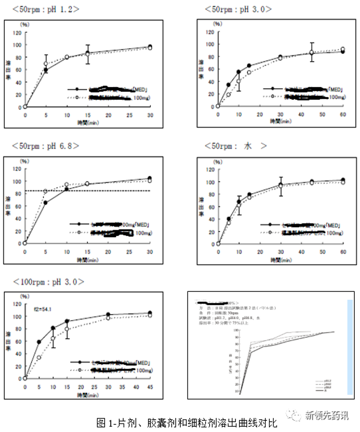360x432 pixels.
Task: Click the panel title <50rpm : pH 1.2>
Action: pyautogui.click(x=46, y=9)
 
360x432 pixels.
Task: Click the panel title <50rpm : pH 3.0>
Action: pyautogui.click(x=238, y=9)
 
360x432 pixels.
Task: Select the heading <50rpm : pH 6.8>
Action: pyautogui.click(x=46, y=146)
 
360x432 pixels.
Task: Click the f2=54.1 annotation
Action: pyautogui.click(x=42, y=309)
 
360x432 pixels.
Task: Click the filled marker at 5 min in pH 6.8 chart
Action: pyautogui.click(x=46, y=203)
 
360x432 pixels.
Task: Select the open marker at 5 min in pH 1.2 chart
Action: pyautogui.click(x=46, y=64)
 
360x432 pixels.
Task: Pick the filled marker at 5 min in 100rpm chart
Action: pyautogui.click(x=39, y=342)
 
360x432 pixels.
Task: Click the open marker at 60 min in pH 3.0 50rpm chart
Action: pyautogui.click(x=343, y=50)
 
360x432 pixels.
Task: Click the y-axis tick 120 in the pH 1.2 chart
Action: pyautogui.click(x=17, y=32)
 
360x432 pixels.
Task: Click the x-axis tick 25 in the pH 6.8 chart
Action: pyautogui.click(x=129, y=251)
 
